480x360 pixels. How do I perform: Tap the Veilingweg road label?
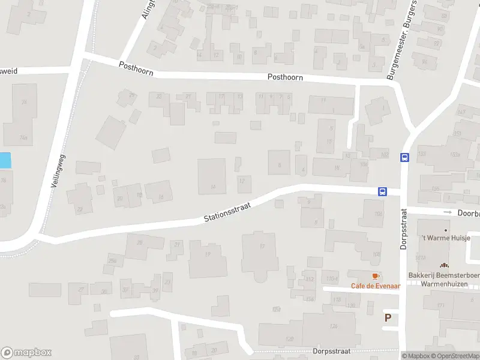(58, 170)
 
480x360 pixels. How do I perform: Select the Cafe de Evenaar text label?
(376, 286)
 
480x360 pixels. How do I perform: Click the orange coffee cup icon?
(376, 276)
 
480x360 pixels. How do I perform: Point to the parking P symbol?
(388, 317)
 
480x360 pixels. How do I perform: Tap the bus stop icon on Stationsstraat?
(382, 192)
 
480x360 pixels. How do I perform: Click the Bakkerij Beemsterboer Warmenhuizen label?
(443, 279)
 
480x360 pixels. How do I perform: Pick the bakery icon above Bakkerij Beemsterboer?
(444, 265)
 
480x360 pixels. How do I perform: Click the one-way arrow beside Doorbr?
(447, 212)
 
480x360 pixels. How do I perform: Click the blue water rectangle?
(5, 160)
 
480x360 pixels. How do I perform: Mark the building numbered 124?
(332, 326)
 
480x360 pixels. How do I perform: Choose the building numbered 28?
(140, 242)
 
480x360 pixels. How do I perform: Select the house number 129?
(289, 339)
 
